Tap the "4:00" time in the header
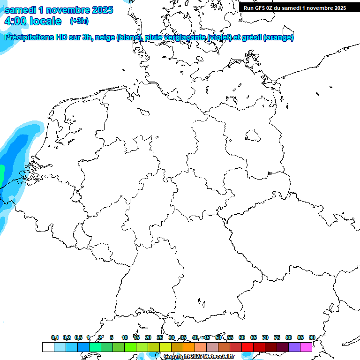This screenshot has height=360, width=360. (15, 21)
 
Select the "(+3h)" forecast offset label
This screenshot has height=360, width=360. (79, 21)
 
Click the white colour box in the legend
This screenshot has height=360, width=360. (48, 347)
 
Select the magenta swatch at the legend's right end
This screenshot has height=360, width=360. (306, 347)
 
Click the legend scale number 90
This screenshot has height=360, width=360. (312, 337)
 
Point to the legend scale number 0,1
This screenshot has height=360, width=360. (54, 337)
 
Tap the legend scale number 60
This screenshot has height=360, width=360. (242, 337)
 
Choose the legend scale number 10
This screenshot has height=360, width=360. (125, 337)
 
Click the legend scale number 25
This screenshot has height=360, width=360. (160, 337)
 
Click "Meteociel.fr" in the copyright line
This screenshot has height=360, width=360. (219, 357)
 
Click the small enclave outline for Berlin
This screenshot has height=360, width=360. (253, 136)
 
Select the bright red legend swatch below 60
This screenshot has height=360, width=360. (247, 347)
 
